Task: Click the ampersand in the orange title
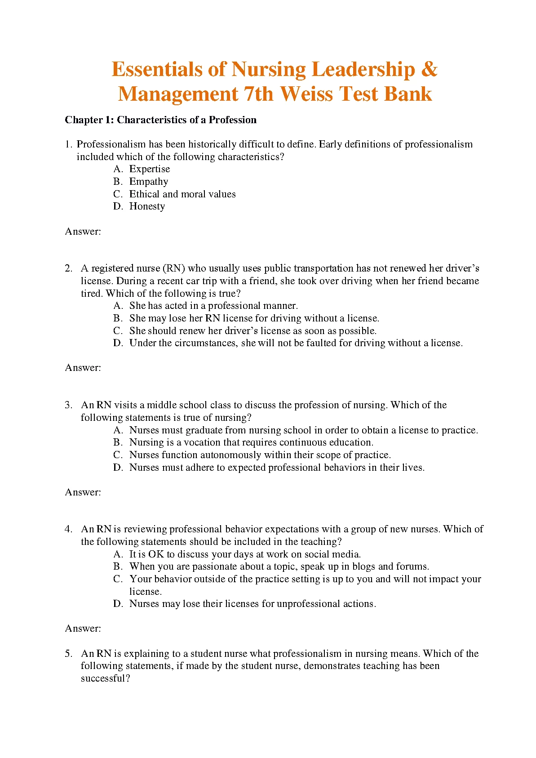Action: [x=430, y=70]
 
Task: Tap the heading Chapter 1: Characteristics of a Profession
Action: [x=160, y=120]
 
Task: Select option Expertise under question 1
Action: [x=150, y=169]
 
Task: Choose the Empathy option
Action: [x=149, y=182]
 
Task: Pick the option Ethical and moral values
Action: [x=182, y=194]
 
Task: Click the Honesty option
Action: [x=147, y=206]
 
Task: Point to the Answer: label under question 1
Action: [x=83, y=232]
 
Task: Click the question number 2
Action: [x=68, y=268]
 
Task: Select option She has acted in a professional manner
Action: [x=213, y=306]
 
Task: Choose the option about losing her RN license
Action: [x=254, y=318]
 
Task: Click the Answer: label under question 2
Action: [x=83, y=368]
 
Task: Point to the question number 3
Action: [x=68, y=405]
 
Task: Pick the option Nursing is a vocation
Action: [x=251, y=442]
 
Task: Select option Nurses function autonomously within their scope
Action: [x=260, y=455]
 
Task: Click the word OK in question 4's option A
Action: [x=156, y=554]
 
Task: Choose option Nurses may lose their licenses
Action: [x=252, y=604]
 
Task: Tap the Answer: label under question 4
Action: [x=83, y=629]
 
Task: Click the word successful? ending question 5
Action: [x=105, y=678]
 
